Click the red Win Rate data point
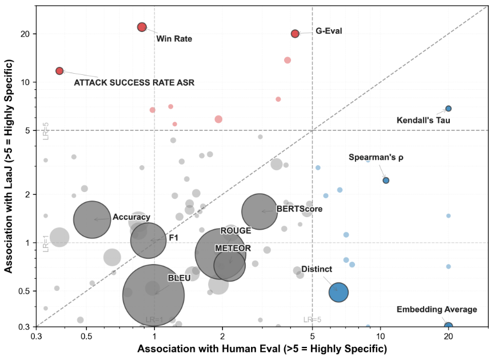tap(142, 27)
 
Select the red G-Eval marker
tap(295, 34)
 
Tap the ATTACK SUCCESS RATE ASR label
tap(134, 83)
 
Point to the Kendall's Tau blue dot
tap(449, 109)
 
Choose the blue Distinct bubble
tap(338, 291)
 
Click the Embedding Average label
tap(437, 310)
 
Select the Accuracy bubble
tap(93, 218)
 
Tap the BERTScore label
tap(300, 209)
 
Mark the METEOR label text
tap(233, 249)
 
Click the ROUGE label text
tap(235, 231)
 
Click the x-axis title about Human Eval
tap(262, 349)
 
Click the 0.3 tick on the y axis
tap(25, 327)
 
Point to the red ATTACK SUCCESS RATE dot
tap(59, 71)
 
